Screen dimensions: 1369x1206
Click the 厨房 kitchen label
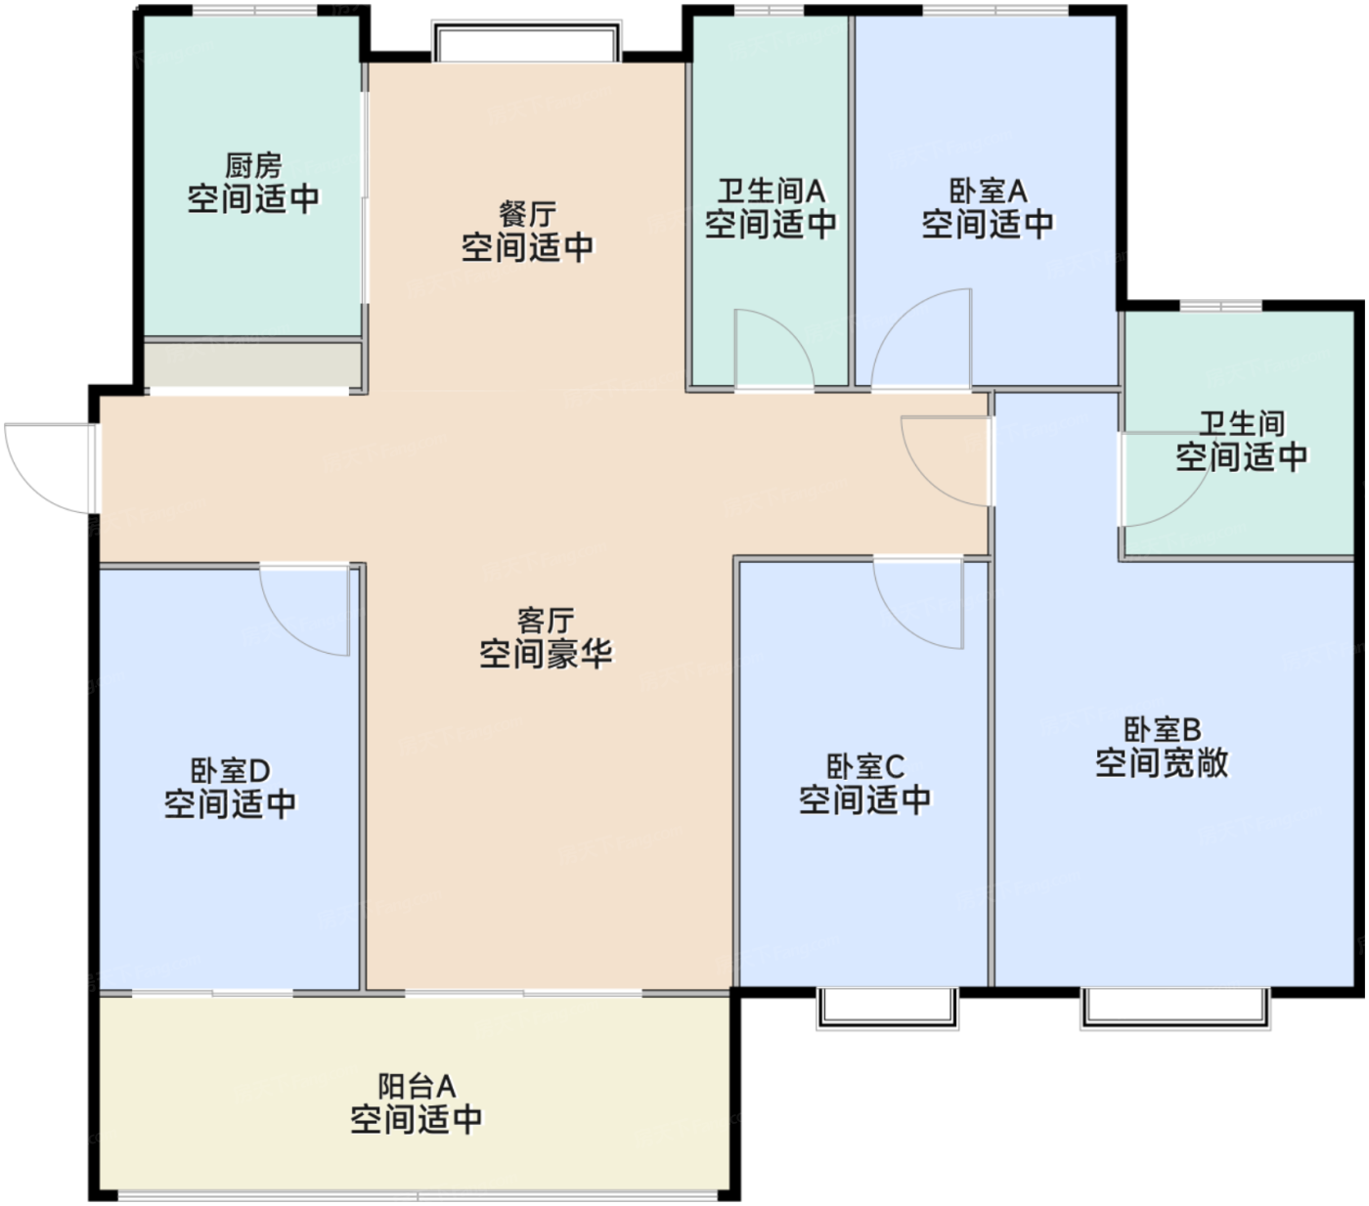click(253, 165)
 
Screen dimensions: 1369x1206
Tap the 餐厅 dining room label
click(528, 215)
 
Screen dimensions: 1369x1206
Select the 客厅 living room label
click(546, 621)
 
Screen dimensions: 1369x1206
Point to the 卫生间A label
click(771, 192)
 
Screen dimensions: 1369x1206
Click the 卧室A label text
click(988, 192)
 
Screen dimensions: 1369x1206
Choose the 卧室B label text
click(1163, 729)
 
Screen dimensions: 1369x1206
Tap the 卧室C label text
click(865, 766)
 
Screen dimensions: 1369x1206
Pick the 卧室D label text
click(231, 770)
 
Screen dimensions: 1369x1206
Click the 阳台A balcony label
click(417, 1087)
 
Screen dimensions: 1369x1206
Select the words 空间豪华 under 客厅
click(546, 654)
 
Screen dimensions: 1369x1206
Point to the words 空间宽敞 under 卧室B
click(1163, 763)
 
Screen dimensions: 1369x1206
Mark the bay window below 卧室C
click(887, 1009)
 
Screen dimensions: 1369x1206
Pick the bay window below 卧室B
click(1175, 1009)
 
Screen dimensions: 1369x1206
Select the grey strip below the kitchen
click(253, 365)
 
